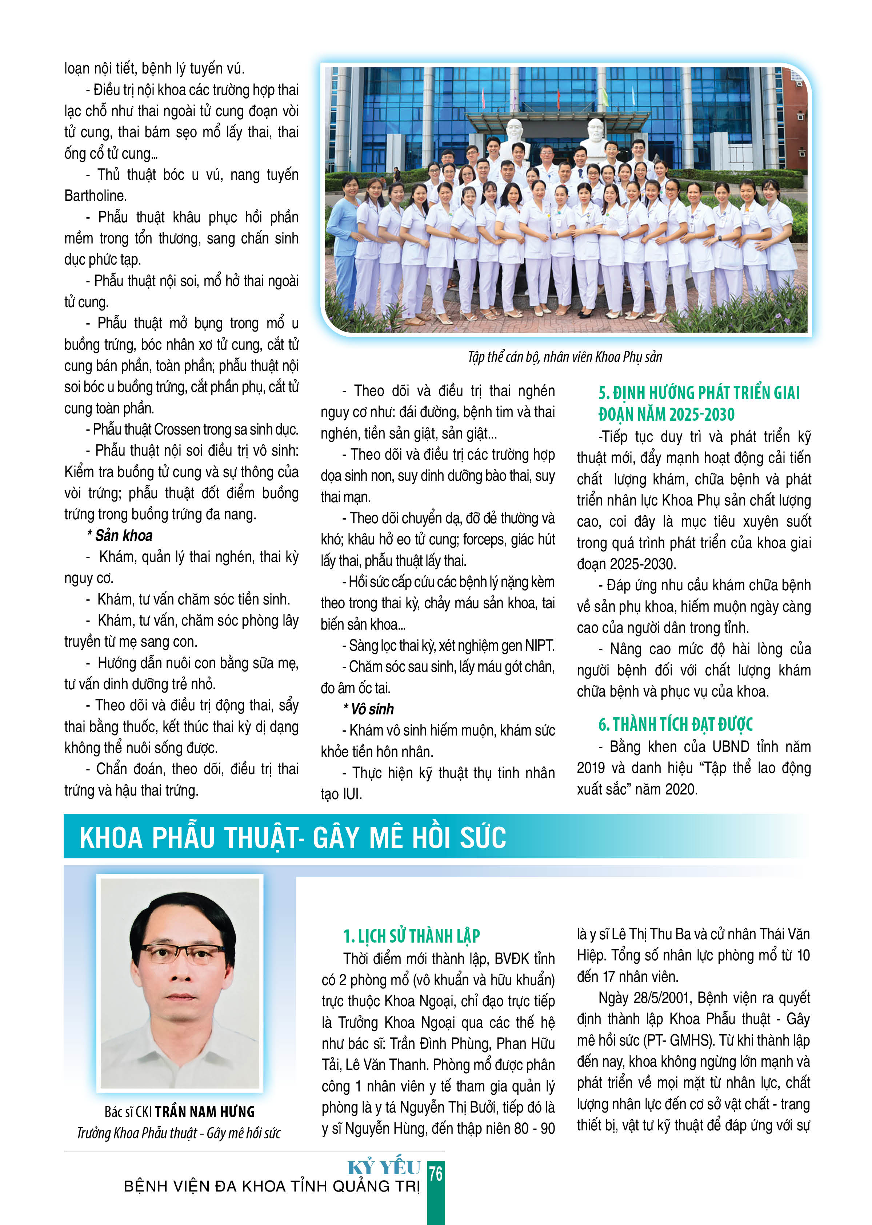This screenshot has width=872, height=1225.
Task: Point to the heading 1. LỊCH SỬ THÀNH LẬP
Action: pos(411,936)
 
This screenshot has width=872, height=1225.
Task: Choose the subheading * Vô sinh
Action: pos(368,709)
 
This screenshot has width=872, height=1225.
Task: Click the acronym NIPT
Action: pos(538,645)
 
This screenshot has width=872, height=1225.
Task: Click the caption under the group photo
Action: pos(565,357)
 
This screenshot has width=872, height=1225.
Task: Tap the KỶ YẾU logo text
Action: pos(384,1167)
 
